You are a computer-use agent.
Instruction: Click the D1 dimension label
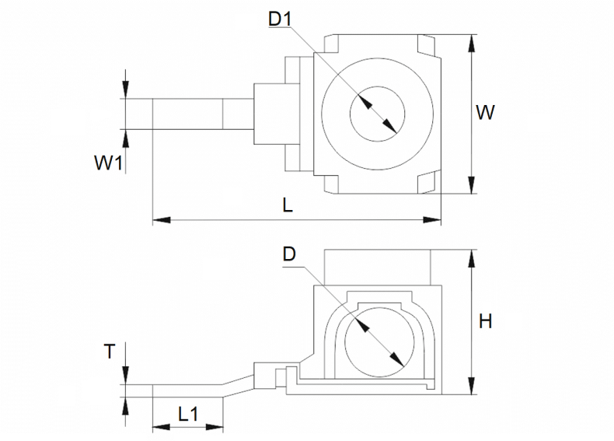tap(280, 19)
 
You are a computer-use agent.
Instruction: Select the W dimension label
tap(485, 113)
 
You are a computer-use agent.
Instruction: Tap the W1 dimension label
tap(109, 163)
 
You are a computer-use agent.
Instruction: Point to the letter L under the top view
tap(288, 205)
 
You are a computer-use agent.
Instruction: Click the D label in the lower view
tap(289, 254)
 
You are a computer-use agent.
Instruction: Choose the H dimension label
tap(486, 321)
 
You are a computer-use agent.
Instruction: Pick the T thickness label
tap(110, 352)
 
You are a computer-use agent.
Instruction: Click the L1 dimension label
tap(188, 414)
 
